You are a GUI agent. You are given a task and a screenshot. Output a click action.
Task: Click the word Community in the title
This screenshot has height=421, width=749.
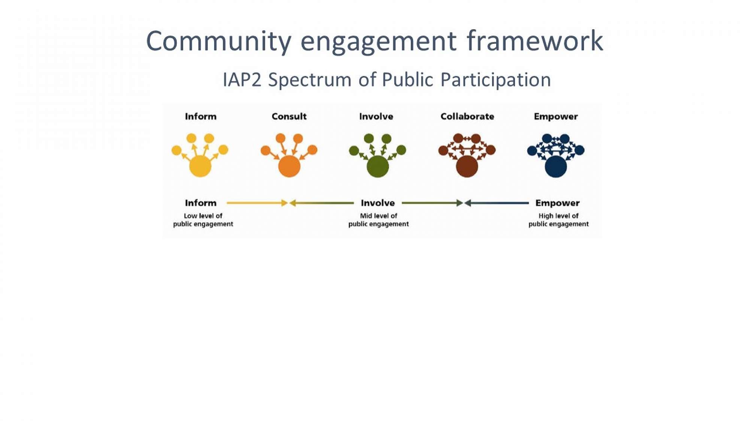coord(219,42)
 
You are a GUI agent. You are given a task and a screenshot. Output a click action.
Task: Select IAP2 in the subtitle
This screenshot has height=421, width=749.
coord(242,80)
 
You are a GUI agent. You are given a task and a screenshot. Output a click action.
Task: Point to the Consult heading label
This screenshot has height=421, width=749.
coord(289,116)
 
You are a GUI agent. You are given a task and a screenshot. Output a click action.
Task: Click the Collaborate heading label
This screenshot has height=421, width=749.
coord(467,116)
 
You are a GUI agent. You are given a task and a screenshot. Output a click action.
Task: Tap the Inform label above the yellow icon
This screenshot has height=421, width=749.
coord(201,116)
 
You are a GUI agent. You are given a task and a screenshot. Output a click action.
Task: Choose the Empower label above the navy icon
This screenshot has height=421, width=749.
coord(556,117)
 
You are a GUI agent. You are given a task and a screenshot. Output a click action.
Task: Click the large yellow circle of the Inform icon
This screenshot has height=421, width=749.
coord(200,166)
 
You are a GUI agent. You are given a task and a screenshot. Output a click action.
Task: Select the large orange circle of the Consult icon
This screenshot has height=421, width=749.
coord(289,166)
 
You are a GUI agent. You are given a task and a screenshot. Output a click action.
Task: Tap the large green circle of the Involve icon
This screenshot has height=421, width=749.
coord(377,167)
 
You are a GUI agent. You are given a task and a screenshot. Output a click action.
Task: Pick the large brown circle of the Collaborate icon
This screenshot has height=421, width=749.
coord(467,167)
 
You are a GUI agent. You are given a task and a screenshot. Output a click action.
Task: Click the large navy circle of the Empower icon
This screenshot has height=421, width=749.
coord(556,167)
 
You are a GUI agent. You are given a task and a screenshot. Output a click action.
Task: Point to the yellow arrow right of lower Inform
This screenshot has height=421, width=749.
coord(257,203)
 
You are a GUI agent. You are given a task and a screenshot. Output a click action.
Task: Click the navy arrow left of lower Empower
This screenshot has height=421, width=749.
coord(497,203)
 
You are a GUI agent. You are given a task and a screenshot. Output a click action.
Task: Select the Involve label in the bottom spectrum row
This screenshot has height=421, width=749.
coord(378,203)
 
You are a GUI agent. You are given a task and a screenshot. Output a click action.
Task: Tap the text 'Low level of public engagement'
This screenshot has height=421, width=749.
coord(203,220)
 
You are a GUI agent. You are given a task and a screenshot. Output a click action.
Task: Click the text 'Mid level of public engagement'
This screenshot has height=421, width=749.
coord(379,220)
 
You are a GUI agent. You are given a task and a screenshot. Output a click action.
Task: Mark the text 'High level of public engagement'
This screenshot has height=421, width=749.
coord(558,220)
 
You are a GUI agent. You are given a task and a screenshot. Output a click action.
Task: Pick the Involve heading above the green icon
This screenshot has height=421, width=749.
coord(376,116)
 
